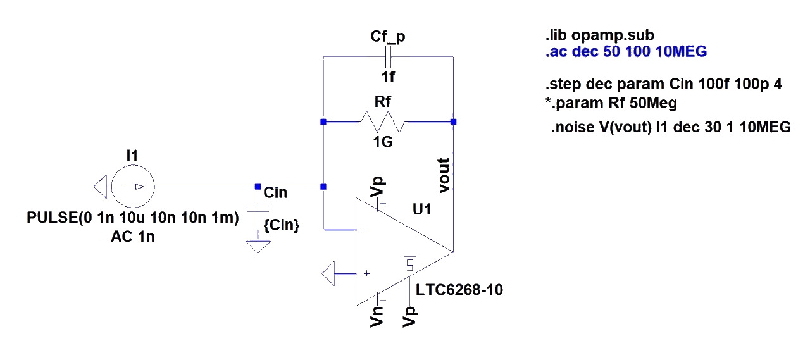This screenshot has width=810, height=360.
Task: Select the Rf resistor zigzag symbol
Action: coord(383,122)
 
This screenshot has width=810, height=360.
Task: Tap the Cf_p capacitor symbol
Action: coord(389,57)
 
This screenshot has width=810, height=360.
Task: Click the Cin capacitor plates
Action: coord(258,209)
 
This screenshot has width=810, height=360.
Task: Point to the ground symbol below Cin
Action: coord(258,247)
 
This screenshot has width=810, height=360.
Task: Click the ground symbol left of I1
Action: coord(101,187)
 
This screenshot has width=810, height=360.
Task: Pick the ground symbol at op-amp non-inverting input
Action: coord(328,273)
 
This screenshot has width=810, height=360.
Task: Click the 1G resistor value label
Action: coord(383,142)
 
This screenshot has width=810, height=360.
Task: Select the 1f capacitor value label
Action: coord(388,77)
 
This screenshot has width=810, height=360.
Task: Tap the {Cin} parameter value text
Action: coord(282,225)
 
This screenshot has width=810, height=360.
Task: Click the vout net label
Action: coord(444,175)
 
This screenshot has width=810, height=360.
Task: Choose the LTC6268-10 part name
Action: coord(459,290)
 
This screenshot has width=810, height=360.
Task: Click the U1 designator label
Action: coord(421,209)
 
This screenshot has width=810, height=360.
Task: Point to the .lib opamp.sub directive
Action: coord(600,35)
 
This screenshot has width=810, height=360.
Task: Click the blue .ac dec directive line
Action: coord(626,52)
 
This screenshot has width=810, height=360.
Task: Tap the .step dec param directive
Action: coord(664,84)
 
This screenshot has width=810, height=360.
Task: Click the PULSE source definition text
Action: coord(133,218)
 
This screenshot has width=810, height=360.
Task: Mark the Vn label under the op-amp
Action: coord(377,316)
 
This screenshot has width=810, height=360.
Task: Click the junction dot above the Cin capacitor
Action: coord(258,187)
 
